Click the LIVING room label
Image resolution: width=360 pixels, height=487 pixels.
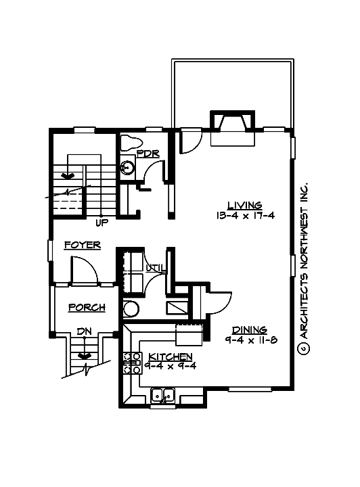click(x=244, y=205)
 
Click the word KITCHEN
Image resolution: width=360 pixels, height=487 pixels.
click(x=171, y=356)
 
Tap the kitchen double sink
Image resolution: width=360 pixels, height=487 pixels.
click(x=163, y=396)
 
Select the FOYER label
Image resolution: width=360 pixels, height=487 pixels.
click(x=82, y=246)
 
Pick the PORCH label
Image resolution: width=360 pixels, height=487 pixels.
click(x=87, y=308)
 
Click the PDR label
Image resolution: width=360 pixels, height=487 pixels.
click(x=148, y=154)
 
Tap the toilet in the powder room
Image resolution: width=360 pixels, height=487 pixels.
click(x=130, y=143)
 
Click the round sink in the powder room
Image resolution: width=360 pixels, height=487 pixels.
click(x=127, y=167)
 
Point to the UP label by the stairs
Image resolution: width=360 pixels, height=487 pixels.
click(x=102, y=222)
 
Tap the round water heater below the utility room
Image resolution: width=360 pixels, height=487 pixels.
click(x=131, y=310)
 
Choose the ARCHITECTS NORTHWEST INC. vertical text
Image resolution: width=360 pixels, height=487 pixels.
click(x=303, y=268)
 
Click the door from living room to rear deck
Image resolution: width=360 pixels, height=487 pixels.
click(x=189, y=141)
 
